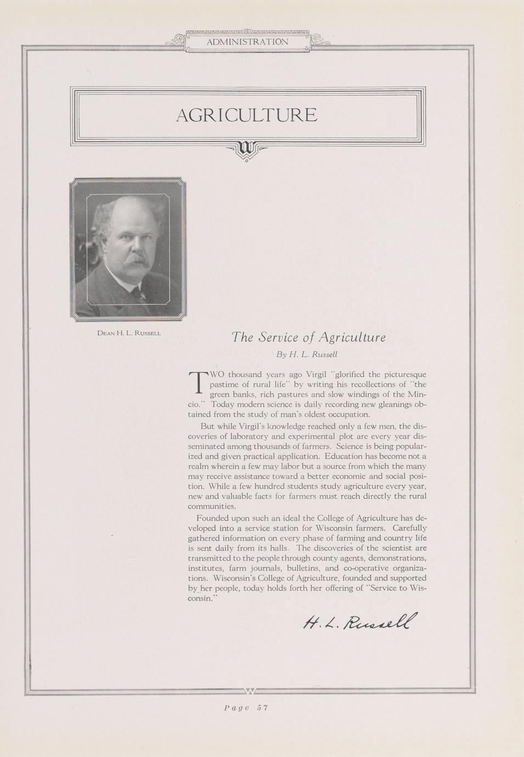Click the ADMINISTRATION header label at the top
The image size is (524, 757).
247,42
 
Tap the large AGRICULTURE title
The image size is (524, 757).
246,115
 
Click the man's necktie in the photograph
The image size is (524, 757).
139,295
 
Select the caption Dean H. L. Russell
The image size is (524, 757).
128,333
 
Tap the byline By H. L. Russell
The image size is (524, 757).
310,354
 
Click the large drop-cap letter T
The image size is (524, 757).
196,382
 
